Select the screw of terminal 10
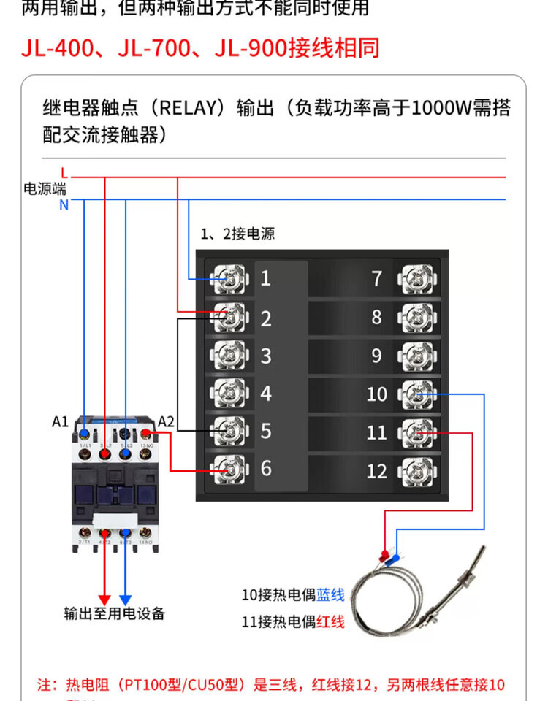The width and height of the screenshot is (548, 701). click(416, 394)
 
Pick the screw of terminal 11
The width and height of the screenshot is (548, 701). click(416, 432)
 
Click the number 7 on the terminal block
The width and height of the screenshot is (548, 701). click(377, 278)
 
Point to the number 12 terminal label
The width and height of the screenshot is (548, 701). click(376, 471)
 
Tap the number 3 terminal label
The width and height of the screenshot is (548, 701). click(266, 356)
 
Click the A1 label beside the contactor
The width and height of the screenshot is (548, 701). click(60, 421)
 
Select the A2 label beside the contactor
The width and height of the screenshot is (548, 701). click(166, 421)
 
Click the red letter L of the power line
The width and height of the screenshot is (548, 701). click(64, 172)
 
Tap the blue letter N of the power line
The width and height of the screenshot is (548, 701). click(64, 205)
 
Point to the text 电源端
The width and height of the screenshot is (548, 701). click(45, 189)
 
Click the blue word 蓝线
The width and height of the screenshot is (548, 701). click(330, 594)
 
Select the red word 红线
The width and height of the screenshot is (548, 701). click(330, 622)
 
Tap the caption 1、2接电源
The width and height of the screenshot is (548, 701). click(238, 234)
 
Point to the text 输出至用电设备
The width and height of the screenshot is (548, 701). click(115, 613)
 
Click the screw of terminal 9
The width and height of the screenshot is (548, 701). click(416, 356)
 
